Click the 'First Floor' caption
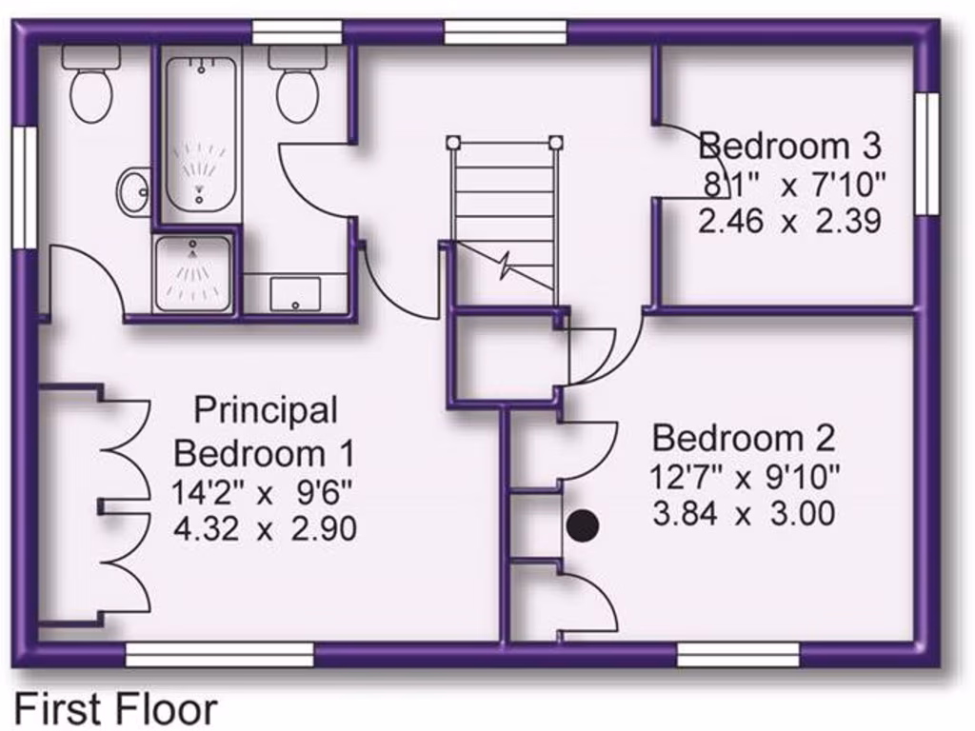[x=115, y=709]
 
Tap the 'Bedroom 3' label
[x=789, y=147]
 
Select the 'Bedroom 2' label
[x=744, y=439]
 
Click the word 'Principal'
[x=266, y=410]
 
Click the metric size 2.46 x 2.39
[x=789, y=222]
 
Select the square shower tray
[x=193, y=274]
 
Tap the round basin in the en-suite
[x=134, y=191]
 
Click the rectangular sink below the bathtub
[x=295, y=293]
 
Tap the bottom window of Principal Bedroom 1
[x=220, y=655]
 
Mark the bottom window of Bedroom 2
[x=738, y=655]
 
